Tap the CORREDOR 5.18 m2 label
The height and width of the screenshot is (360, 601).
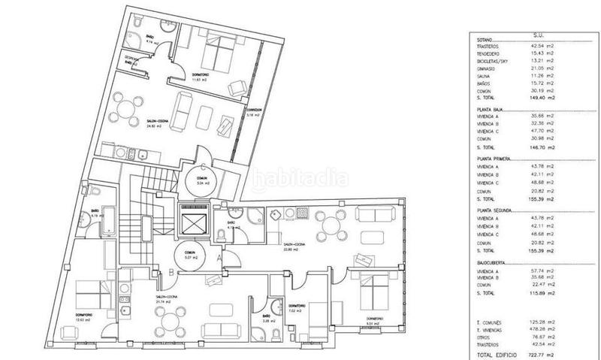(x=255, y=112)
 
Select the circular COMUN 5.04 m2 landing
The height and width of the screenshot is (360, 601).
(x=198, y=180)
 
